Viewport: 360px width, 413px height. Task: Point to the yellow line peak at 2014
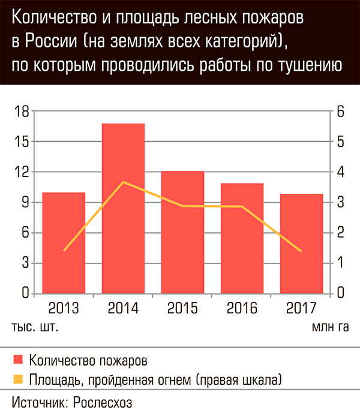pyautogui.click(x=123, y=182)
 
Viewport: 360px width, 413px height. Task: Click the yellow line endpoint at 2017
pyautogui.click(x=301, y=251)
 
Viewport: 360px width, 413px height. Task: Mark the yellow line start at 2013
pyautogui.click(x=64, y=250)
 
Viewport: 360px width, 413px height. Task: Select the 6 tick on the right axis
pyautogui.click(x=340, y=112)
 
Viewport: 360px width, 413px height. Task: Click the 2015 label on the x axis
pyautogui.click(x=182, y=309)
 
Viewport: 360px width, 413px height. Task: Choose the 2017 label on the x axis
pyautogui.click(x=301, y=309)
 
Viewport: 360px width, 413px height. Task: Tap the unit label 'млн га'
pyautogui.click(x=329, y=328)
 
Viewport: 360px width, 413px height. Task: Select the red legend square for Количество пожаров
pyautogui.click(x=19, y=361)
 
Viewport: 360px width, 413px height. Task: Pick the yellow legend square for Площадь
pyautogui.click(x=19, y=379)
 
